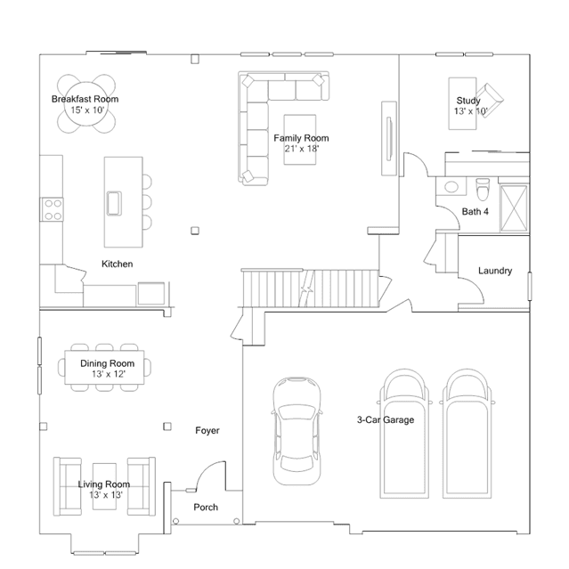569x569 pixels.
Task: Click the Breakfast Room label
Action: (x=85, y=99)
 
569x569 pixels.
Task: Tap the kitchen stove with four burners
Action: (x=53, y=209)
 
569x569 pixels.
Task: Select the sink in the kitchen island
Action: (x=114, y=203)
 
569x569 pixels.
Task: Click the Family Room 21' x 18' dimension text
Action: (x=302, y=149)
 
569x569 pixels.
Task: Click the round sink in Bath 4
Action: (x=451, y=187)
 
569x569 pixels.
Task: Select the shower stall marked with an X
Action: (x=514, y=208)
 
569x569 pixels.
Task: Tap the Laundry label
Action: (x=495, y=271)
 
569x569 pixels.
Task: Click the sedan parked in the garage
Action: (x=297, y=431)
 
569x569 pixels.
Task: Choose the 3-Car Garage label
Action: (x=386, y=420)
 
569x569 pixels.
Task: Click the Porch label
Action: (x=206, y=507)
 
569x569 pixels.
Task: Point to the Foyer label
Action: (x=207, y=430)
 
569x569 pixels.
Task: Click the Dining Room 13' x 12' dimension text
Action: (x=109, y=374)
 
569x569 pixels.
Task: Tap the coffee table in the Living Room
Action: (x=104, y=486)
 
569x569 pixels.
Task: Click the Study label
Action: (x=468, y=100)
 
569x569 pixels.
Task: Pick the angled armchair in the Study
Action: (x=490, y=100)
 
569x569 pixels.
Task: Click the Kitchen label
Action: (x=118, y=264)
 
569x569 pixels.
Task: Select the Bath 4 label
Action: (x=475, y=211)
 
